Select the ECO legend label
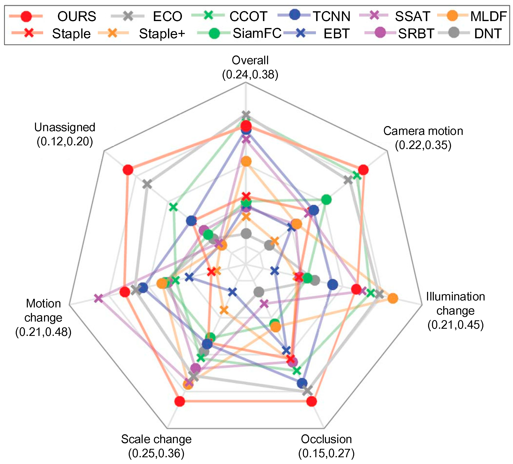pyautogui.click(x=167, y=17)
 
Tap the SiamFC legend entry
pyautogui.click(x=257, y=33)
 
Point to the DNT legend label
pyautogui.click(x=488, y=33)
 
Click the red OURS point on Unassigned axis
pyautogui.click(x=128, y=170)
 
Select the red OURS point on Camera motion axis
pyautogui.click(x=363, y=170)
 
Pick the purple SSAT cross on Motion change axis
pyautogui.click(x=98, y=298)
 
